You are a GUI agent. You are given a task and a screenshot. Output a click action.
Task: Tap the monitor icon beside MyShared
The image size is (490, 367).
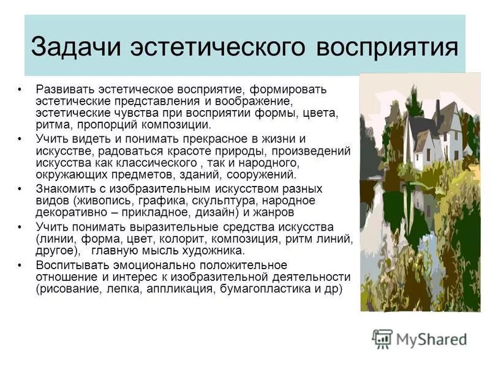(x=383, y=338)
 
